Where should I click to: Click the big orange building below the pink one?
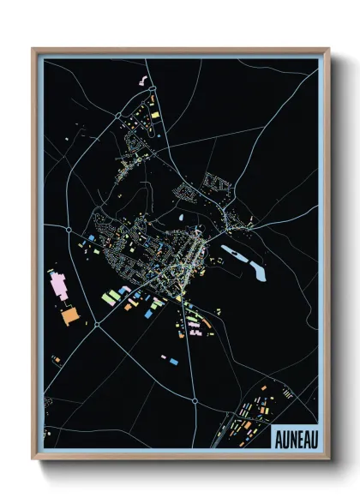68,315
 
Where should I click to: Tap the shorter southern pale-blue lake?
257,273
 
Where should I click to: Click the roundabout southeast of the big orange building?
97,324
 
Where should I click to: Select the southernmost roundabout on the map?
195,399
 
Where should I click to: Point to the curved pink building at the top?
142,81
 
